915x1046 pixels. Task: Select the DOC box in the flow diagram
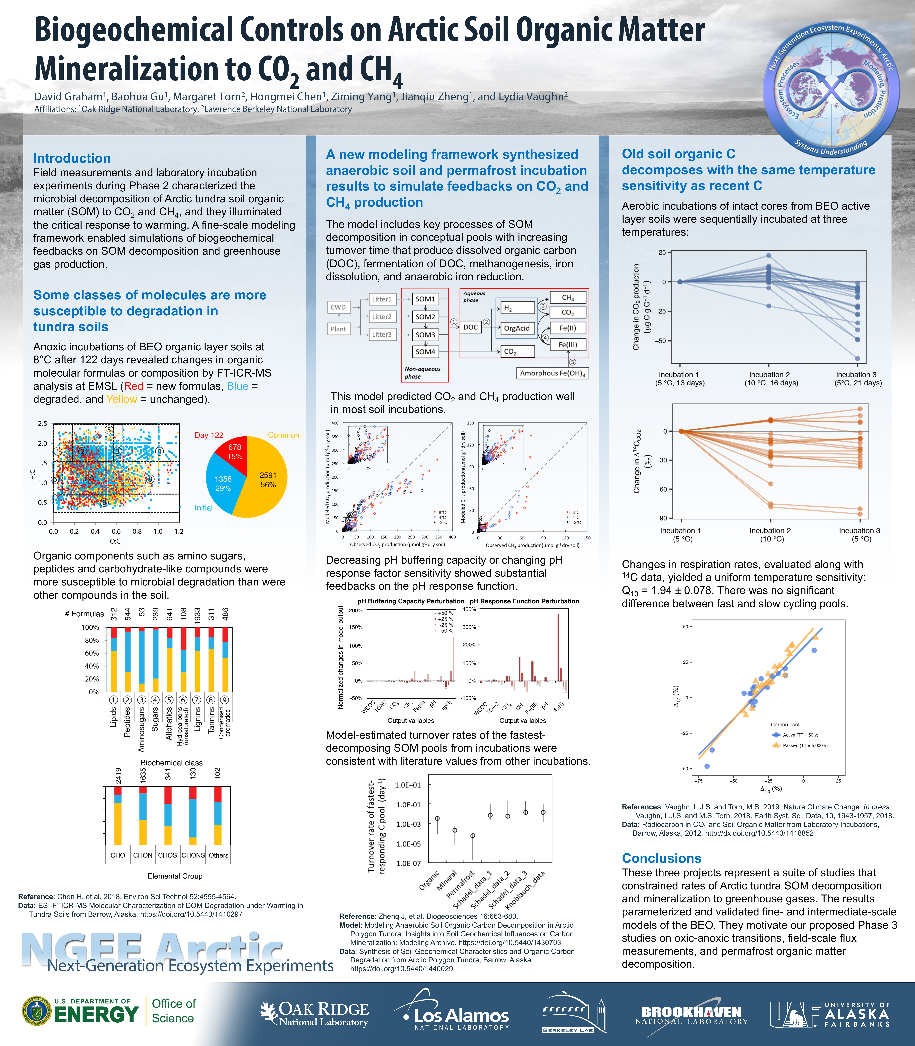pyautogui.click(x=470, y=327)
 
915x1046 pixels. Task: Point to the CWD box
pyautogui.click(x=338, y=307)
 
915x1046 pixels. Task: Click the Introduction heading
pyautogui.click(x=72, y=158)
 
